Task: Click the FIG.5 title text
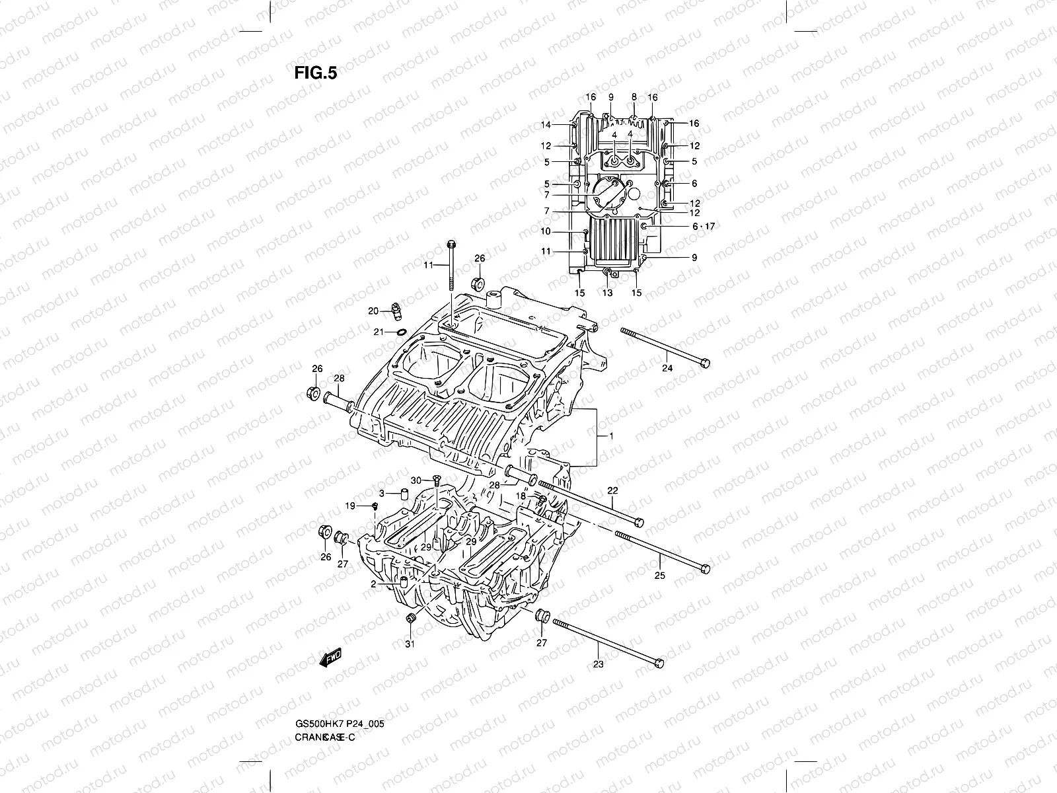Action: [316, 73]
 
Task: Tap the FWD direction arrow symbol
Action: [330, 658]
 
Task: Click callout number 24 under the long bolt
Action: [667, 368]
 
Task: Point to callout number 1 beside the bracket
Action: [612, 437]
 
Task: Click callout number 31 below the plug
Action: [410, 645]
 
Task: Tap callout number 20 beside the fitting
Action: [373, 311]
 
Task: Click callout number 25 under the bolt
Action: [659, 576]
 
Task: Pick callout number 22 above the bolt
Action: [612, 491]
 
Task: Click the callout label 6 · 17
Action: [703, 227]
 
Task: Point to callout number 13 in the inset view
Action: [607, 293]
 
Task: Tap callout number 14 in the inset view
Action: [546, 125]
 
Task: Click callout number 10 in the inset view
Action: [546, 232]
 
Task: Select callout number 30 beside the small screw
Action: [416, 480]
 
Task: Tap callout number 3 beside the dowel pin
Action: [382, 493]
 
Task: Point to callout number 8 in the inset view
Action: [634, 97]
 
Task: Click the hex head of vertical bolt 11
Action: [450, 243]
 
